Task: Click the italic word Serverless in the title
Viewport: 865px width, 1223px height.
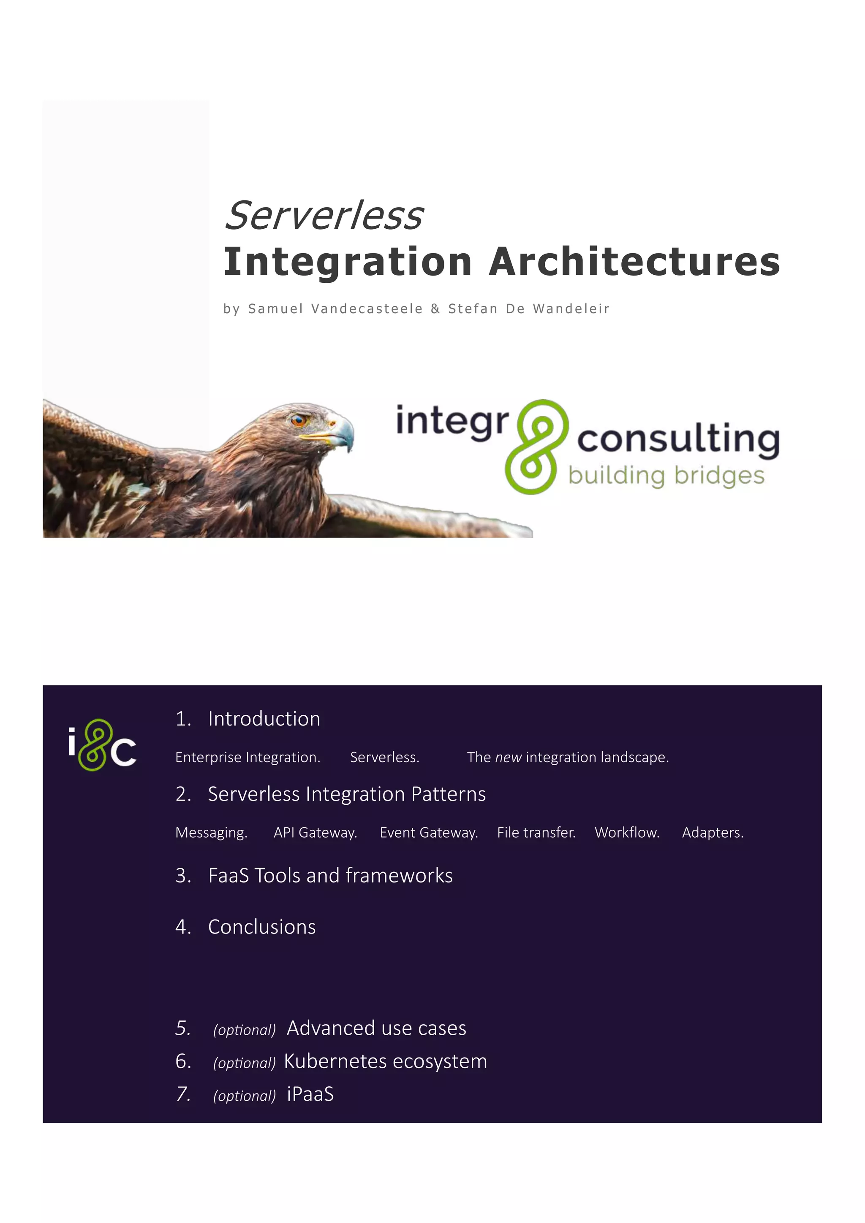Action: [324, 216]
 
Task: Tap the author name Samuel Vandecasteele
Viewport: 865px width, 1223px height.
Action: [335, 309]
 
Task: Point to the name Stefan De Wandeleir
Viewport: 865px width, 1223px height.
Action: [529, 309]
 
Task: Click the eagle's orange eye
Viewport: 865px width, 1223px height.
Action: [297, 421]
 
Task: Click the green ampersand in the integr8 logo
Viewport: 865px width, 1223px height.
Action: [536, 446]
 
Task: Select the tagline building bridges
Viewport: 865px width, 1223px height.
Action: [666, 476]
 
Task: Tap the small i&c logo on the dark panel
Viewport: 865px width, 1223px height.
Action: [102, 745]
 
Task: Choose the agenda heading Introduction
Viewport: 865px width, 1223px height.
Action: [264, 719]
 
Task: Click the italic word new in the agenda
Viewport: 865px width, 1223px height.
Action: [508, 757]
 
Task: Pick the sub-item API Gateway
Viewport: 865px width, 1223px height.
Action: [315, 832]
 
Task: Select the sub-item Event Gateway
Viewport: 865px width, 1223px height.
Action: [429, 832]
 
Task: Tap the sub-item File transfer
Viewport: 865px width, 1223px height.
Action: [536, 832]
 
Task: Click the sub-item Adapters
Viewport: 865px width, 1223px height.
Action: [713, 832]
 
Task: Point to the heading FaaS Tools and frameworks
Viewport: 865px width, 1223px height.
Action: [330, 876]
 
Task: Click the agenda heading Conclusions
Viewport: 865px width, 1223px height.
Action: [262, 927]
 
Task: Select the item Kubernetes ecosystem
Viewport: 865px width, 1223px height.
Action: [385, 1061]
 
